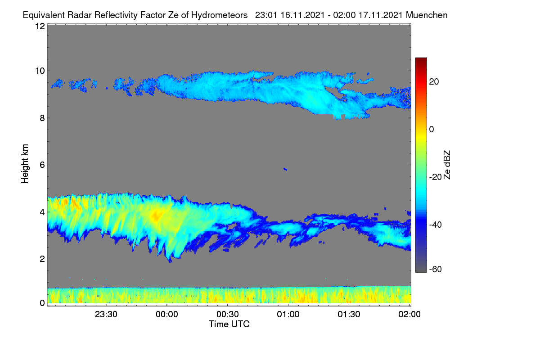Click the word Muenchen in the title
[x=427, y=15]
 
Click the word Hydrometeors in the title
[x=219, y=15]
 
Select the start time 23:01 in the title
[x=266, y=15]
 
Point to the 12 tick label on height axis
[x=40, y=26]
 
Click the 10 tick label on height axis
[x=40, y=71]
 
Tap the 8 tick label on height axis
[x=42, y=118]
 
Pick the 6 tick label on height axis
[x=42, y=165]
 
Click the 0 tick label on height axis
[x=42, y=303]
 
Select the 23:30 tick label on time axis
[x=106, y=314]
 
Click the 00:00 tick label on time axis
[x=167, y=314]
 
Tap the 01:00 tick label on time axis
[x=288, y=314]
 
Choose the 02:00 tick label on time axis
[x=409, y=314]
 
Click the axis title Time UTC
[x=229, y=324]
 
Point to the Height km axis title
[x=25, y=164]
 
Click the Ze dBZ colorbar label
[x=447, y=165]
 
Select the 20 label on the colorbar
[x=434, y=82]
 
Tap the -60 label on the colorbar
[x=436, y=270]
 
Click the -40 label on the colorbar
[x=436, y=225]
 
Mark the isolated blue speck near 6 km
[x=285, y=169]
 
